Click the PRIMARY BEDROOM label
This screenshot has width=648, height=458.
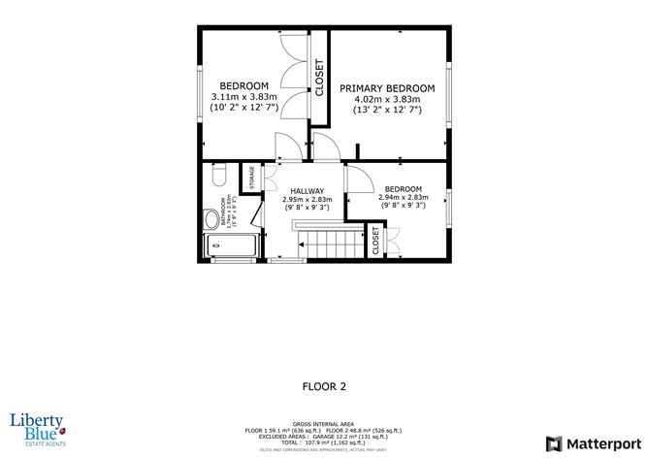coord(386,88)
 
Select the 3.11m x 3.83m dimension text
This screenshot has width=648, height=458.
coord(244,97)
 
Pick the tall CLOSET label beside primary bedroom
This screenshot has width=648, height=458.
coord(318,78)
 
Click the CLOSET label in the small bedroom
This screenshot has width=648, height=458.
coord(375,241)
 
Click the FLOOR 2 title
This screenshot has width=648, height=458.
coord(324,385)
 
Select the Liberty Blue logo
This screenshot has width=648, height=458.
coord(37,427)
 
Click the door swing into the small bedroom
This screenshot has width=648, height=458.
coord(356,177)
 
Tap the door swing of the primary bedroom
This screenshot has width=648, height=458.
coord(326,147)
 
